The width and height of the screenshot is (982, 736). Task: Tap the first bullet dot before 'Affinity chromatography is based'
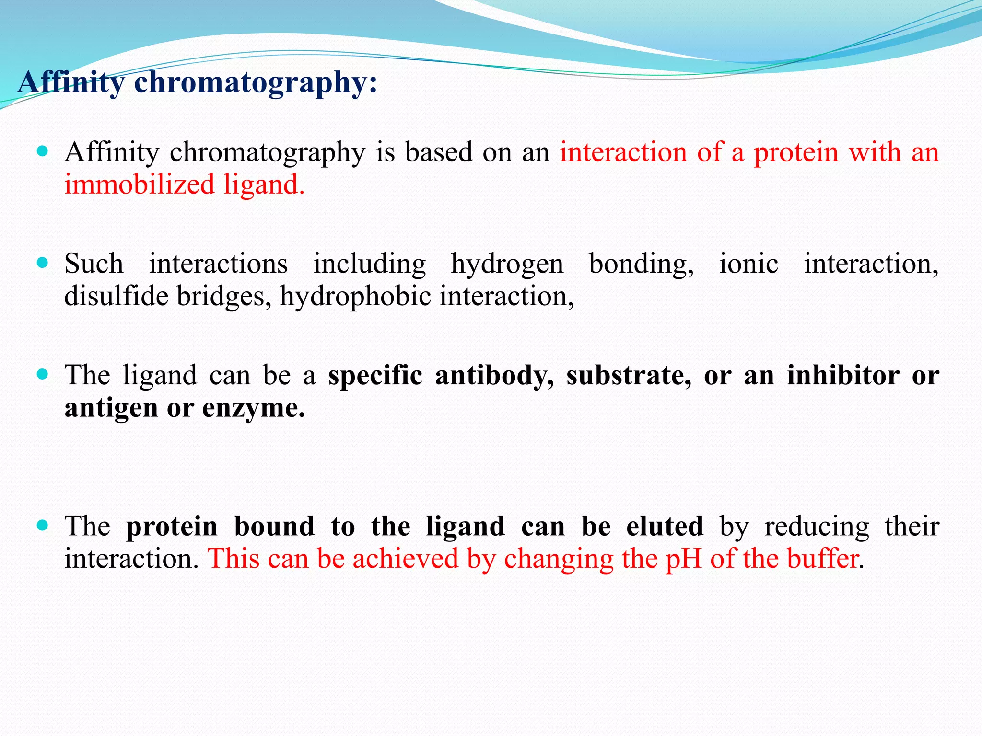43,151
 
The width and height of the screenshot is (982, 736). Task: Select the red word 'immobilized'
139,184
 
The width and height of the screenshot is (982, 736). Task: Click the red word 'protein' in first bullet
796,152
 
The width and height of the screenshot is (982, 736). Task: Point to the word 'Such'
94,264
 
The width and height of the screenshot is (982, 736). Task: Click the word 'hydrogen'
507,264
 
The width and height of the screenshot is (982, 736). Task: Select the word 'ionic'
748,264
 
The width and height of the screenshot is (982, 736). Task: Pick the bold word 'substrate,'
629,375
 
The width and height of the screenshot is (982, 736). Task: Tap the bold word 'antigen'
111,409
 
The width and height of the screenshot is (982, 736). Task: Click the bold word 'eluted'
665,526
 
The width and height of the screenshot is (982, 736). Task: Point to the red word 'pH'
683,559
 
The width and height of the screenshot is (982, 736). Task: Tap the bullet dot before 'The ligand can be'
43,374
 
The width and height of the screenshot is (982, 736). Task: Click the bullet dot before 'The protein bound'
43,526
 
